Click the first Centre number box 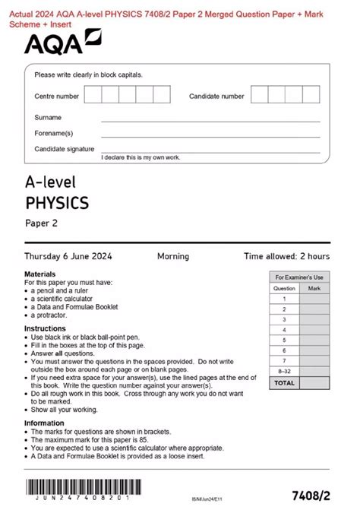pos(93,95)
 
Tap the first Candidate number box pos(259,95)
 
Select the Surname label pos(48,118)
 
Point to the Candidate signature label pos(65,149)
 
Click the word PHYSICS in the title pos(57,203)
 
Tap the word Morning pos(173,256)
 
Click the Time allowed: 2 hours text pos(286,256)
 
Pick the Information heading pos(44,423)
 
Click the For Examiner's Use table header pos(298,277)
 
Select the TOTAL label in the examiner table pos(284,383)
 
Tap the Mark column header pos(314,288)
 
